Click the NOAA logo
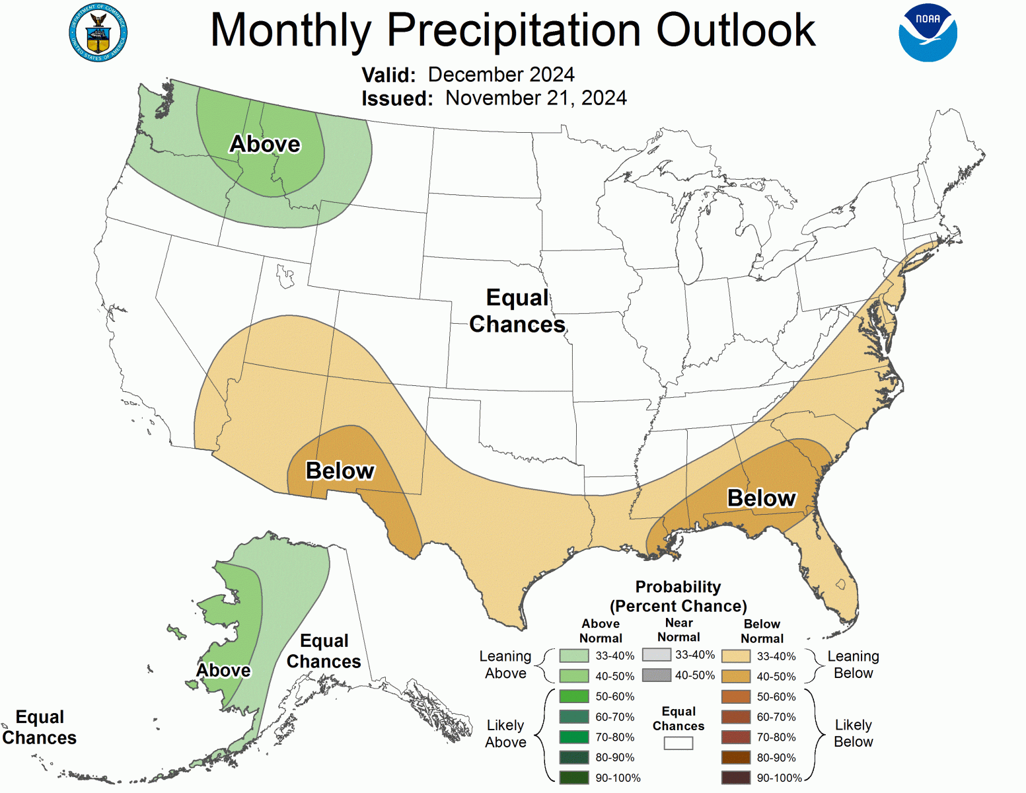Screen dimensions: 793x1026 click(928, 33)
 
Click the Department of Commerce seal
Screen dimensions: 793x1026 click(98, 33)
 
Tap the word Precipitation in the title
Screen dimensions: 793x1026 click(513, 30)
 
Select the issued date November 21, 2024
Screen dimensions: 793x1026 click(536, 98)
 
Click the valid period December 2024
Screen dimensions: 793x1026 click(501, 75)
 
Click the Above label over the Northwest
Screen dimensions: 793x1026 click(265, 144)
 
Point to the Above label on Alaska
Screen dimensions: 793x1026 click(223, 670)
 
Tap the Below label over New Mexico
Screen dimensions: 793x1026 click(340, 471)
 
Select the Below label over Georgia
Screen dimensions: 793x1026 click(761, 498)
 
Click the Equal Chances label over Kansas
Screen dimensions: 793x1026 click(517, 311)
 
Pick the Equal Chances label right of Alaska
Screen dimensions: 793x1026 click(323, 651)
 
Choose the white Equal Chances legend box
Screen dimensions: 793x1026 click(678, 743)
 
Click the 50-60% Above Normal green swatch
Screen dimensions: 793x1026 click(573, 697)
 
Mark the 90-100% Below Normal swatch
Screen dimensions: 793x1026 click(736, 778)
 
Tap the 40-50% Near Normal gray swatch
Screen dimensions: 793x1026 click(656, 675)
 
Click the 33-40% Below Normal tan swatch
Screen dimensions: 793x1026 click(736, 656)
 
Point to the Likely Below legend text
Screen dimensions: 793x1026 click(853, 734)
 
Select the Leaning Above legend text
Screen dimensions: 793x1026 click(505, 665)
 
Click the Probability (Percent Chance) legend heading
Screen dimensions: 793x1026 click(678, 596)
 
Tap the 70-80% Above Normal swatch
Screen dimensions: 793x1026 click(573, 737)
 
